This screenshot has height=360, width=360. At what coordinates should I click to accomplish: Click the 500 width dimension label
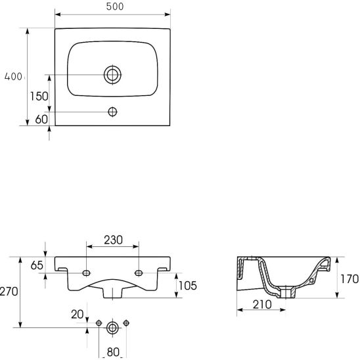point(115,7)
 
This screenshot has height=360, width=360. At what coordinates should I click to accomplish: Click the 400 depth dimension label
point(13,76)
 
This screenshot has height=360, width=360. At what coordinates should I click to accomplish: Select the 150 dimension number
point(39,96)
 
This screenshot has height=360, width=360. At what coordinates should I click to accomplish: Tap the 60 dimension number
point(41,119)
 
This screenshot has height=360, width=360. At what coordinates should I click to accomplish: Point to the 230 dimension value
point(114,240)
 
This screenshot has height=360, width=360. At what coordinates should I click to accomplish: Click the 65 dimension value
point(37,265)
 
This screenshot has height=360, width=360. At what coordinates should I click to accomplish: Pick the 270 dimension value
point(9,292)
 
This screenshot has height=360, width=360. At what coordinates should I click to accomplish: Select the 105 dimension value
point(188,286)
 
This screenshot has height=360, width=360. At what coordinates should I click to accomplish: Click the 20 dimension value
point(77,315)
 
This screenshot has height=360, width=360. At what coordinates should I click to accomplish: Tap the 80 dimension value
point(113,352)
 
